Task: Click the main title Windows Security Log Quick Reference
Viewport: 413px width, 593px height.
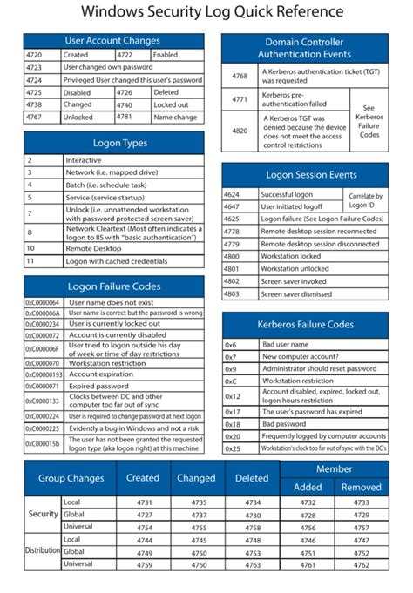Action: (x=206, y=12)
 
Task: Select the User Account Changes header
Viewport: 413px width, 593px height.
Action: (x=113, y=40)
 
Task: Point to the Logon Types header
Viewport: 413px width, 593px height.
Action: (x=113, y=143)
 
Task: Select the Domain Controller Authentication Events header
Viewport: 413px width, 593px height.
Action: (x=304, y=48)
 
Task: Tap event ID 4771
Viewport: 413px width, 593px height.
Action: (x=239, y=100)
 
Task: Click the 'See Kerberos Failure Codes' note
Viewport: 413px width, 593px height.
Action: (x=369, y=123)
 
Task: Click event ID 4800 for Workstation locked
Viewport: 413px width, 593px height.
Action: (x=232, y=257)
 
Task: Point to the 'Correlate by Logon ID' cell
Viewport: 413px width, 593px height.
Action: (x=365, y=201)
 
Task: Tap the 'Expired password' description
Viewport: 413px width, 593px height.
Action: (x=95, y=385)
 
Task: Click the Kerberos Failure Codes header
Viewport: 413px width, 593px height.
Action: (x=305, y=325)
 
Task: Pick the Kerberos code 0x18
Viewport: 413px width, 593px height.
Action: (x=232, y=424)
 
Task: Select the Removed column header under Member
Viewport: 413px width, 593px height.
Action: (x=361, y=487)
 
